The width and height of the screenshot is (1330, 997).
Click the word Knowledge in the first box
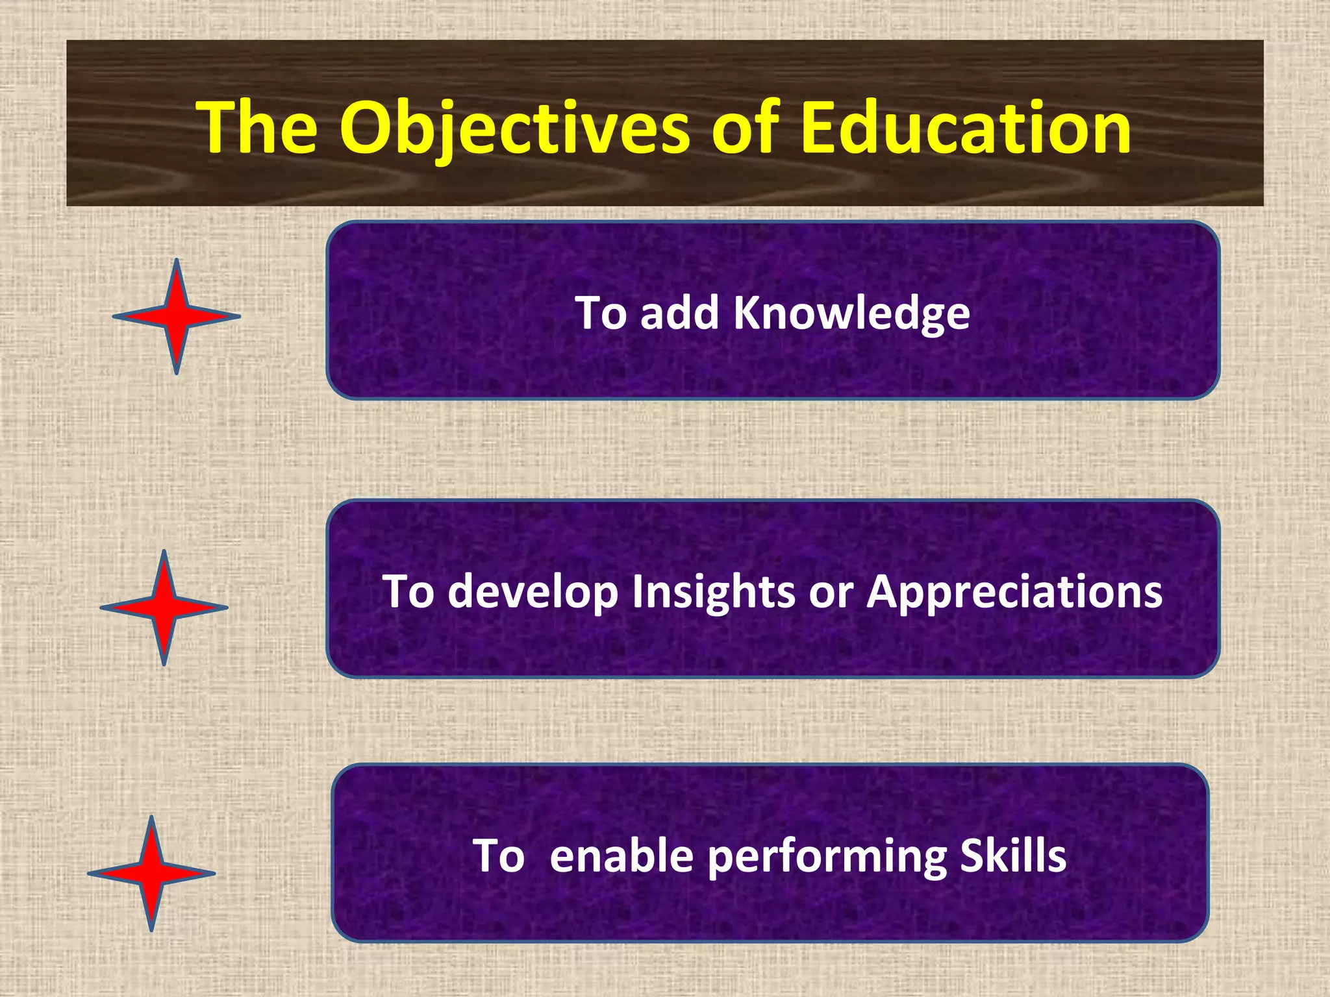(x=851, y=314)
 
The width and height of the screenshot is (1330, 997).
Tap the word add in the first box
(x=679, y=314)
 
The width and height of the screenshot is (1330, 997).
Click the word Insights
(x=713, y=592)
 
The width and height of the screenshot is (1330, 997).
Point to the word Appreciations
(x=1014, y=592)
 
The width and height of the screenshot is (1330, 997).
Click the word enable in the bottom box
(x=621, y=855)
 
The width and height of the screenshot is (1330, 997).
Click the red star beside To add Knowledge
(x=177, y=317)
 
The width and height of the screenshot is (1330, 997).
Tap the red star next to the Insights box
(x=164, y=608)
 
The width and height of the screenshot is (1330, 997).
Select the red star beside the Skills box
(x=151, y=874)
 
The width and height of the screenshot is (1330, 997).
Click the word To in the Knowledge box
(x=601, y=314)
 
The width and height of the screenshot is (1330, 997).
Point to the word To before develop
(x=408, y=592)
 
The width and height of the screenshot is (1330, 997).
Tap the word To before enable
(x=499, y=855)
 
